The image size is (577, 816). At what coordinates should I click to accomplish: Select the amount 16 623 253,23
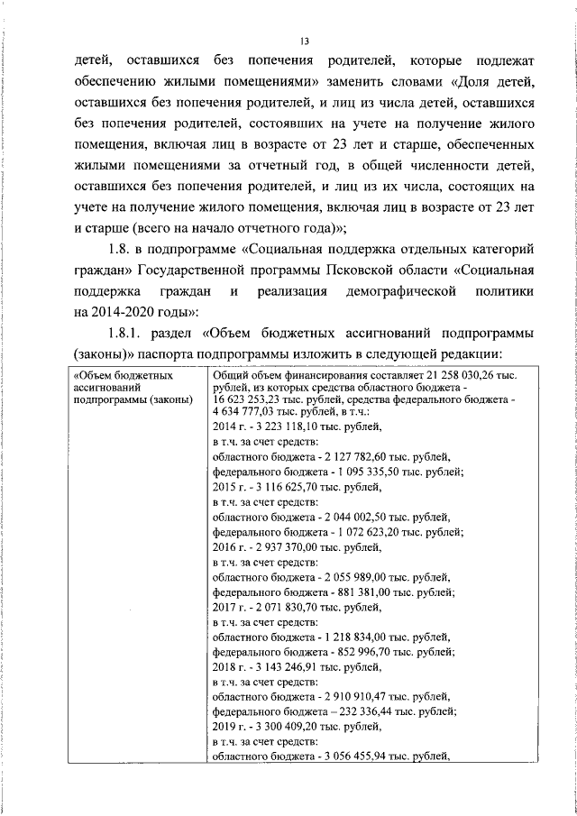[x=249, y=399]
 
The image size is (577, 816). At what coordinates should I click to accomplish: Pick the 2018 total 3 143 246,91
[x=283, y=667]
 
